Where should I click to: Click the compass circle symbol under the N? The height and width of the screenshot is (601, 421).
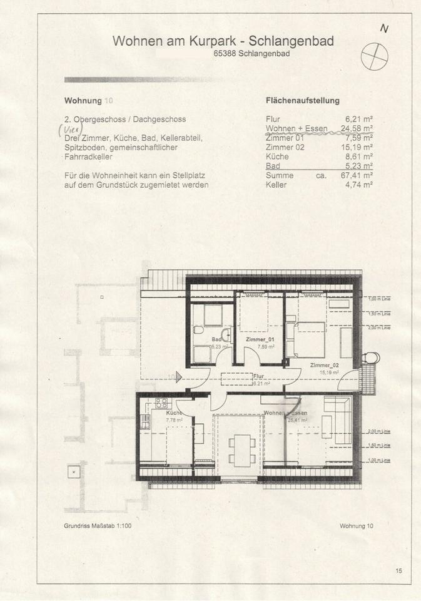tap(374, 54)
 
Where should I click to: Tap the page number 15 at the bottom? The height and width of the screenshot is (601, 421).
tap(399, 570)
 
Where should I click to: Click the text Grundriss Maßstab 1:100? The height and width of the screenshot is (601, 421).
tap(98, 527)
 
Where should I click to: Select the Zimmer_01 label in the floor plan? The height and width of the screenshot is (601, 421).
tap(260, 339)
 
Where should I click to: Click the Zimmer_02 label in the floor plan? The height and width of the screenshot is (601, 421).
tap(324, 366)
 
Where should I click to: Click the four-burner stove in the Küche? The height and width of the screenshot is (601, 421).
tap(162, 403)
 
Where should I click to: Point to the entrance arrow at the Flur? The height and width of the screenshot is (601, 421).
tap(179, 377)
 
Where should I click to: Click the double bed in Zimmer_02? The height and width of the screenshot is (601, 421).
tap(309, 339)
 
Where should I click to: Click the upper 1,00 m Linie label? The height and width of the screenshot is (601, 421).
tap(379, 299)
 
